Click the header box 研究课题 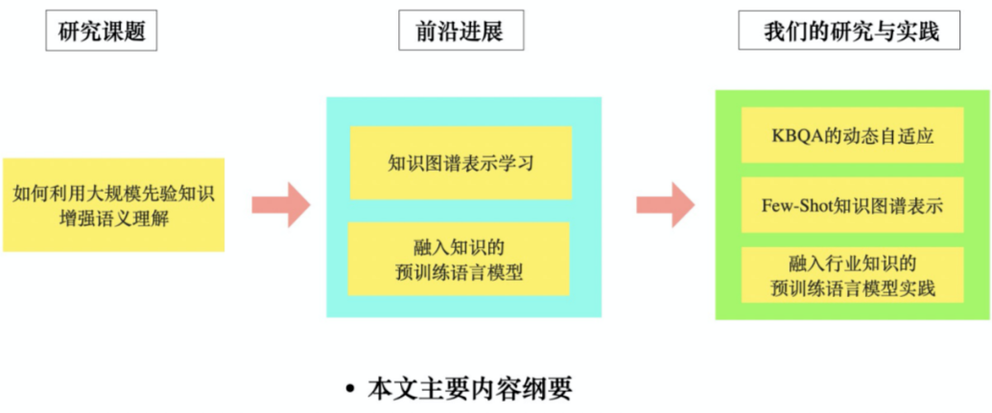(x=101, y=33)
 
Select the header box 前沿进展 (x=462, y=33)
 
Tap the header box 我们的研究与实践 (x=851, y=33)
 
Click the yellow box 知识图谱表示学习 (x=461, y=163)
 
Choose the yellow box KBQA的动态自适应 (x=853, y=135)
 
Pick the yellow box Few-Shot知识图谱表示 (x=853, y=205)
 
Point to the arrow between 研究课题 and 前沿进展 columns (x=280, y=204)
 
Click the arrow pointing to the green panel (x=665, y=204)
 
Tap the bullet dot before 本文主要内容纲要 (x=351, y=390)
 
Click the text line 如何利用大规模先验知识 (x=114, y=194)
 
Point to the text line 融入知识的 (x=460, y=244)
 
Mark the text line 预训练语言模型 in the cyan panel (x=460, y=271)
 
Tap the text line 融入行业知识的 (x=853, y=262)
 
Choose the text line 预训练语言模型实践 (x=853, y=287)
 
